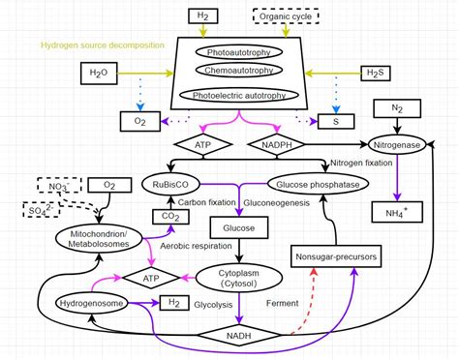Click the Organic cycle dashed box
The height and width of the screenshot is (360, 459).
point(287,16)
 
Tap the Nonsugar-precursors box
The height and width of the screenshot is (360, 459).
point(333,256)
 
